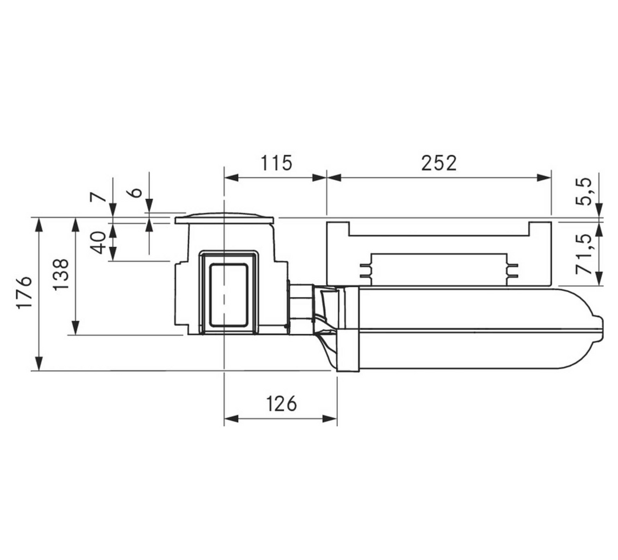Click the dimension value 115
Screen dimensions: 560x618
click(276, 163)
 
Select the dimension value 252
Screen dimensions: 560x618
click(439, 163)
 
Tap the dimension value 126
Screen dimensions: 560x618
click(281, 404)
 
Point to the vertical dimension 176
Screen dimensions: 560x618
click(25, 293)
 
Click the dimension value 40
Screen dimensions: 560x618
click(98, 243)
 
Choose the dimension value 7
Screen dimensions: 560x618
click(98, 197)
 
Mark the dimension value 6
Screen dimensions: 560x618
click(136, 192)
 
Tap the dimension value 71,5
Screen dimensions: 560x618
click(585, 253)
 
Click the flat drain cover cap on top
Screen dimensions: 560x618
click(224, 218)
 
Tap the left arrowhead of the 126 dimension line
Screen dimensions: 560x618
click(231, 419)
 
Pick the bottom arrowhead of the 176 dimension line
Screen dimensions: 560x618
click(38, 364)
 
